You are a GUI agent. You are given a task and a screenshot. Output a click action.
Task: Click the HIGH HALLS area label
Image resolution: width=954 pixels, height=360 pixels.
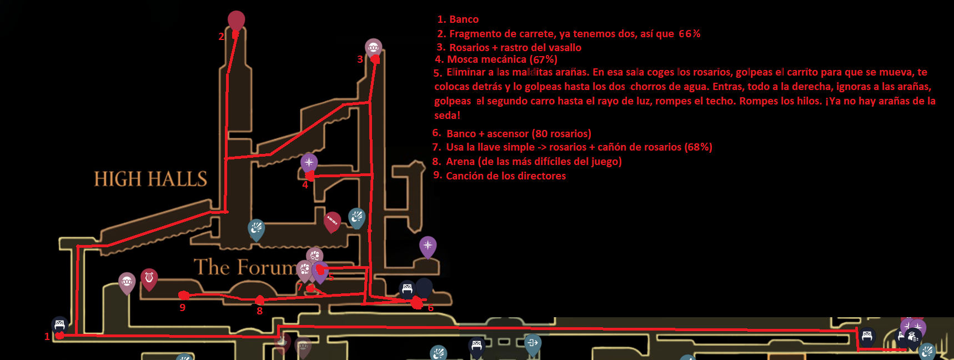[x=150, y=179]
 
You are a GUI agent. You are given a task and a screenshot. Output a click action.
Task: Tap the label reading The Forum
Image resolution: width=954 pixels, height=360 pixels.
[x=245, y=267]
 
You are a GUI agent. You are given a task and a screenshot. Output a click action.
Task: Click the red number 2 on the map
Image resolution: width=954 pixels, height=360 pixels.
[x=221, y=37]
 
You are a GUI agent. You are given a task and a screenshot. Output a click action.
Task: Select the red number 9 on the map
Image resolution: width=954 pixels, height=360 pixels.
[x=182, y=307]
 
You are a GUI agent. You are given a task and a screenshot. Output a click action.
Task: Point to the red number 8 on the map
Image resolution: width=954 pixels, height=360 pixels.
[x=259, y=311]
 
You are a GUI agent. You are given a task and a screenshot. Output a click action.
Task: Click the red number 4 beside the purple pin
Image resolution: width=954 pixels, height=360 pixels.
[x=305, y=184]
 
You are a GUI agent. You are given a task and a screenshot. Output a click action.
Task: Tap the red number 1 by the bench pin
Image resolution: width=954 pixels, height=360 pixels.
[x=47, y=336]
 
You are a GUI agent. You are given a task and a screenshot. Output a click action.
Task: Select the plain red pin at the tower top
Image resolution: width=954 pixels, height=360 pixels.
[x=236, y=20]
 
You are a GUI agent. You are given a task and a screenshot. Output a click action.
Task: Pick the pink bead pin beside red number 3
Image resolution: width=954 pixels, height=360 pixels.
[x=373, y=47]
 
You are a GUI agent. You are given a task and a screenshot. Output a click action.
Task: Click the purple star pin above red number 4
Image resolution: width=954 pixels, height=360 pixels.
[x=309, y=162]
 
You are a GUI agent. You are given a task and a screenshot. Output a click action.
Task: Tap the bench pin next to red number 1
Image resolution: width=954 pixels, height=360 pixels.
[x=59, y=324]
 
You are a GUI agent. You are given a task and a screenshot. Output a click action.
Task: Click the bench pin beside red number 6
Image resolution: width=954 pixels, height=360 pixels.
[x=407, y=288]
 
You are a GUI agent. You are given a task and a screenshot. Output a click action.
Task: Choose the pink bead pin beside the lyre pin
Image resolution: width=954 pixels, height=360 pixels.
[x=127, y=282]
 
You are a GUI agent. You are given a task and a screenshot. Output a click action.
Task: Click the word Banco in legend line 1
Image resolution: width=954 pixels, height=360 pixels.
[x=464, y=19]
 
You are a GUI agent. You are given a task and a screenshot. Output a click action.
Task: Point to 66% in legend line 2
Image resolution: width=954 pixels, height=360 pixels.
[x=689, y=34]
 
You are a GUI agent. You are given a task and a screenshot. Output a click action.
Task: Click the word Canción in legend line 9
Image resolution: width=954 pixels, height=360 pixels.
[x=464, y=176]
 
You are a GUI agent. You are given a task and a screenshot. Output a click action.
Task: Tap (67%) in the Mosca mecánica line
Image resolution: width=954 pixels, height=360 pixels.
[x=543, y=59]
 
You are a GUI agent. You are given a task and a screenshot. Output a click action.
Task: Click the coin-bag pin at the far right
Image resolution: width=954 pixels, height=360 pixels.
[x=913, y=336]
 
